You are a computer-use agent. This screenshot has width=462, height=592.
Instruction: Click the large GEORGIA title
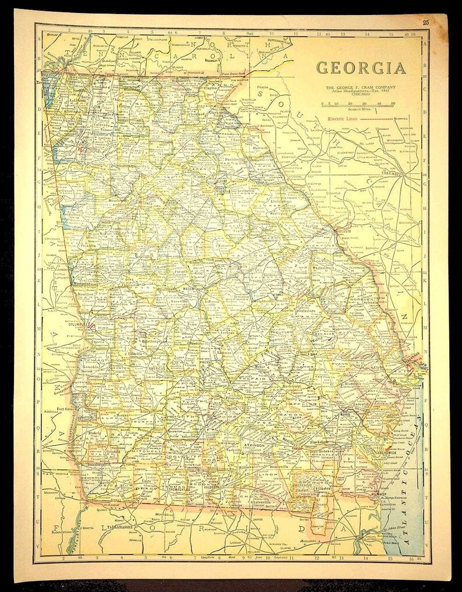pyautogui.click(x=361, y=68)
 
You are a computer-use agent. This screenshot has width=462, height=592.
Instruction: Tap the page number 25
pyautogui.click(x=426, y=22)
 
